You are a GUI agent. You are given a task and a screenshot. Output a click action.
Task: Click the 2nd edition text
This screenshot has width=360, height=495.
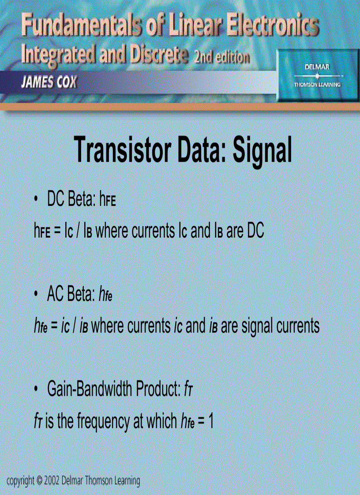pyautogui.click(x=220, y=58)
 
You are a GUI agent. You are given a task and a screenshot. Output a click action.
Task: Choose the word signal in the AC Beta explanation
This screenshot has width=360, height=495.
pyautogui.click(x=256, y=326)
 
